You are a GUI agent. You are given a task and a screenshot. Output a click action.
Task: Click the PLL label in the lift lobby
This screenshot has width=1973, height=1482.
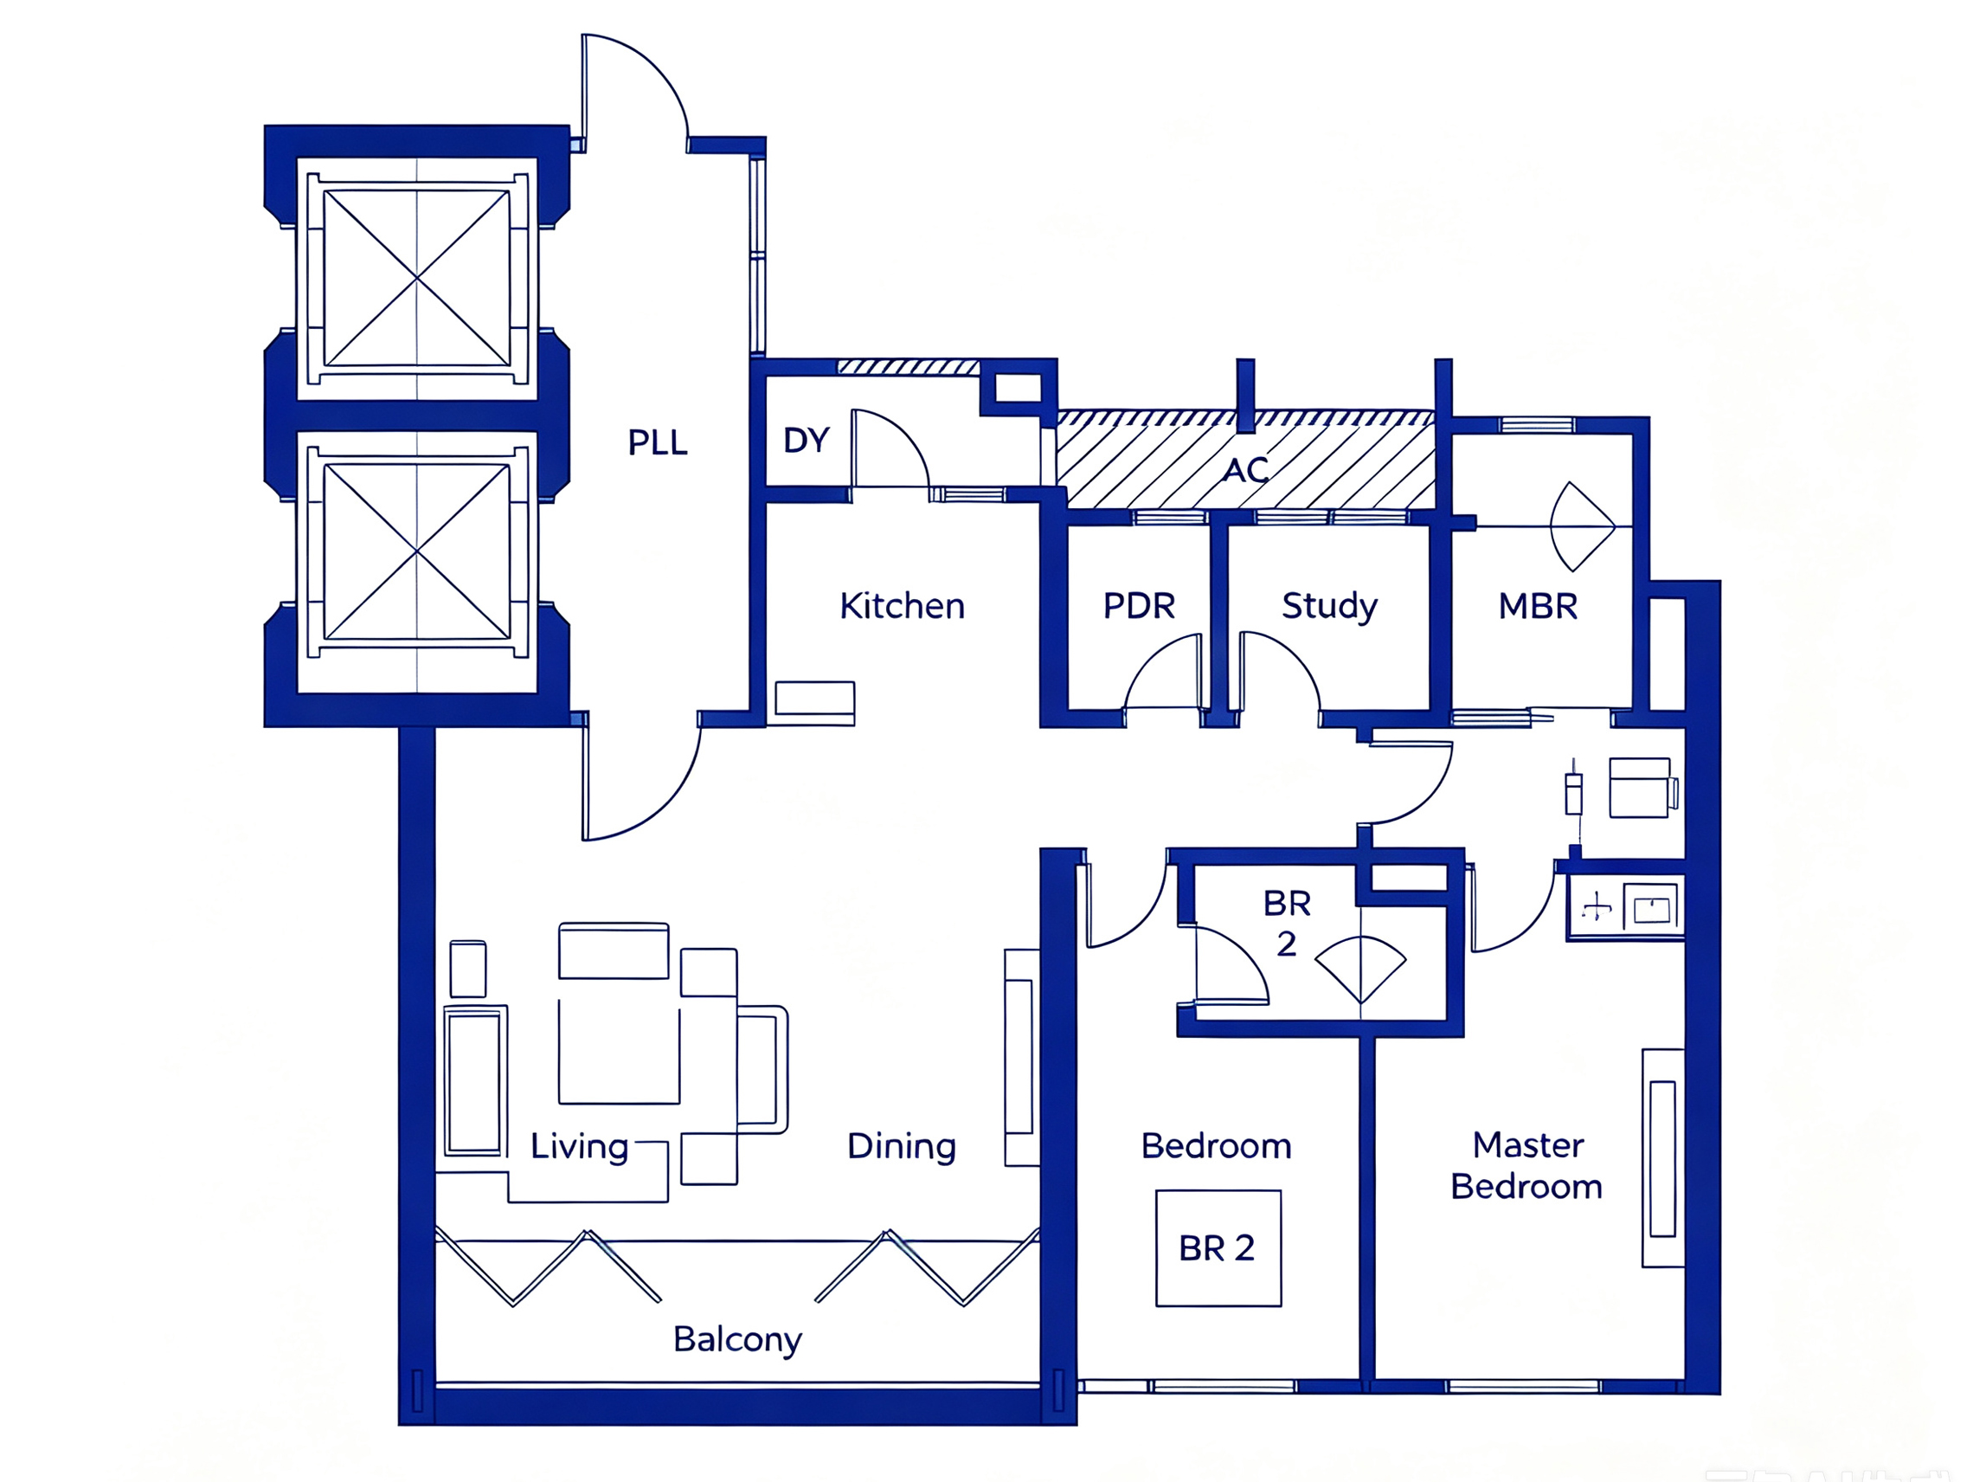click(x=658, y=441)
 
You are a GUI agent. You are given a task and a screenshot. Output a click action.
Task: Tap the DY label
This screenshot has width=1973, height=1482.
click(x=807, y=440)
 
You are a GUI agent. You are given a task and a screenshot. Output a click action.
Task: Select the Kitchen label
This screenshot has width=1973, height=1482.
click(x=902, y=606)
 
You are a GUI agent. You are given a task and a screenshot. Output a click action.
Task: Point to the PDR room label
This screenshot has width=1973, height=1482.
click(x=1138, y=606)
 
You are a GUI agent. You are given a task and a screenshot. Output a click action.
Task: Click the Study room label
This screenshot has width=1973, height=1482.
click(x=1329, y=607)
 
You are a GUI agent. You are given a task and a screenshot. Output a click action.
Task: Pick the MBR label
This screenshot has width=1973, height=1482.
click(x=1538, y=606)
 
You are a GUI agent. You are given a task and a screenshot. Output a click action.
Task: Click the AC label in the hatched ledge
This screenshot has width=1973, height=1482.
click(x=1245, y=469)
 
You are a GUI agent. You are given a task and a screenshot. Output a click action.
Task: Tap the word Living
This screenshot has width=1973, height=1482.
click(x=579, y=1146)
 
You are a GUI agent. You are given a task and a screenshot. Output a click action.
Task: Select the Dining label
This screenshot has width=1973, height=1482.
click(x=901, y=1146)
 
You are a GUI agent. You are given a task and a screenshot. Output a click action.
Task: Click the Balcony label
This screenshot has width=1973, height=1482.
click(x=736, y=1340)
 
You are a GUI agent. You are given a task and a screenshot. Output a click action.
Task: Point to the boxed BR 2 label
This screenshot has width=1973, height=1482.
click(x=1218, y=1248)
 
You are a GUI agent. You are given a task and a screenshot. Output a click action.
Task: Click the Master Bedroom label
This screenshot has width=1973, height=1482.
click(x=1526, y=1165)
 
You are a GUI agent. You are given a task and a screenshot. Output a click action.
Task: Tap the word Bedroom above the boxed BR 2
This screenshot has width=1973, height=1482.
click(x=1216, y=1145)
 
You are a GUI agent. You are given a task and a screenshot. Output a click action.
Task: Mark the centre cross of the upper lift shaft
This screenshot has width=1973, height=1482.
click(x=416, y=279)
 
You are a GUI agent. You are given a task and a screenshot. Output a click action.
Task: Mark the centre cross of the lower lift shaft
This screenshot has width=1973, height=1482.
click(x=416, y=552)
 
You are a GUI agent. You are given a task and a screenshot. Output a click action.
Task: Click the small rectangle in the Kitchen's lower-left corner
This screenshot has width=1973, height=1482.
click(x=814, y=698)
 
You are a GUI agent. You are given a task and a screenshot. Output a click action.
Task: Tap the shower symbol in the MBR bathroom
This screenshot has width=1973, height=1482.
click(x=1583, y=526)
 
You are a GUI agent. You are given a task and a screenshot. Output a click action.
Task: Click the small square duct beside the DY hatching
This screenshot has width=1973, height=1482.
click(x=1018, y=388)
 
